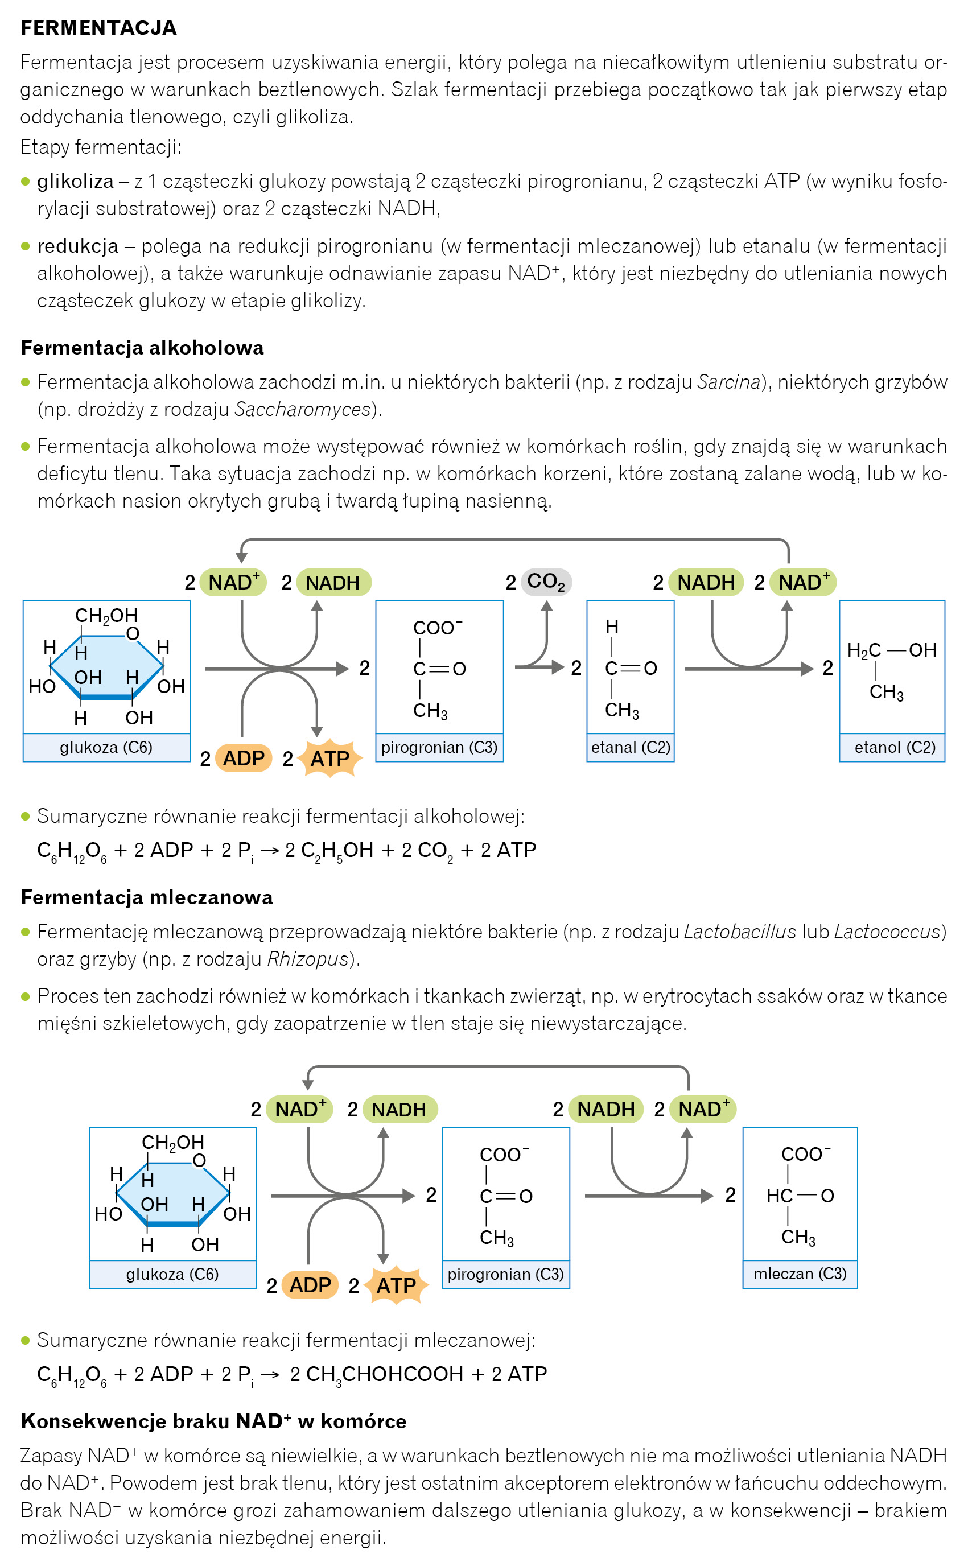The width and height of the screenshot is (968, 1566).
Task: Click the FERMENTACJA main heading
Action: [98, 28]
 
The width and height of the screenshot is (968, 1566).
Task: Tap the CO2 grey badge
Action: [546, 582]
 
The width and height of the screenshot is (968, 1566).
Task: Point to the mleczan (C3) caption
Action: [800, 1273]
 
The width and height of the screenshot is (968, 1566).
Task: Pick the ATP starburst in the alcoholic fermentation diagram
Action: [329, 759]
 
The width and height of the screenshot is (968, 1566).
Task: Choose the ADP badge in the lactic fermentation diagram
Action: [310, 1284]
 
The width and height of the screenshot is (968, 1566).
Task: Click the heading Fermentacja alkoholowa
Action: [142, 348]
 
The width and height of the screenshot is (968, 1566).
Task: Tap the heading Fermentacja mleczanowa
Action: [147, 897]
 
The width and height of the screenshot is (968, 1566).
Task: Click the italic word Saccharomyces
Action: [303, 410]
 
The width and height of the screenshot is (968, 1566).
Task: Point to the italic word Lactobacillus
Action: [739, 931]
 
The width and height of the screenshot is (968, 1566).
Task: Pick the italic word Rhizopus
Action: [307, 959]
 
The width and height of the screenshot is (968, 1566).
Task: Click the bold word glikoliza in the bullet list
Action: [76, 182]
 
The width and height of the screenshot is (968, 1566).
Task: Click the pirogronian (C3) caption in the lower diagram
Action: [505, 1274]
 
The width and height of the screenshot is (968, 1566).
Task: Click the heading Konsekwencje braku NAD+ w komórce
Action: [213, 1421]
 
